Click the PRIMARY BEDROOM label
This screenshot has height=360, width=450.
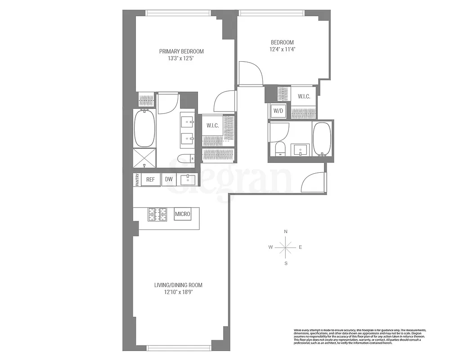tap(181, 51)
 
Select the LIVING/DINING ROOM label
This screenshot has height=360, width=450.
tap(178, 285)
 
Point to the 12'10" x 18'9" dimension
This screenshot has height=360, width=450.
tap(178, 292)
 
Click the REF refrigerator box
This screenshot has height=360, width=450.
tap(150, 180)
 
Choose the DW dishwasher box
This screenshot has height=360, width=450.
tap(169, 180)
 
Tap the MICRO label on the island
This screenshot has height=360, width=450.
tap(183, 214)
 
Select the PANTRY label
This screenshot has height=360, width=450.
tap(137, 180)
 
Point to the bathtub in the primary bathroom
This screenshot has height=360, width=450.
tap(144, 128)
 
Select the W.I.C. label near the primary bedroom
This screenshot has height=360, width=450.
tap(212, 126)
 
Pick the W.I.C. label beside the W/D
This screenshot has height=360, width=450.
tap(304, 96)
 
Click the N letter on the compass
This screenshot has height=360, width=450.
tap(286, 232)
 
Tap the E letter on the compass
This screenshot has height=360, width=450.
tap(300, 247)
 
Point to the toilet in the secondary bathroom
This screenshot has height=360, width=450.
tap(279, 149)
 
